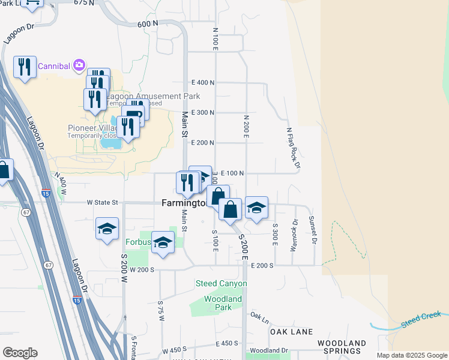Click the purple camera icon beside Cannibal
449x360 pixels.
tap(79, 65)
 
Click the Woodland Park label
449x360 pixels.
tap(223, 303)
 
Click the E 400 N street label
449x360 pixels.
tap(203, 82)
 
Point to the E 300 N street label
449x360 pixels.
tap(203, 112)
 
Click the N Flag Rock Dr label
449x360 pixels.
tap(292, 147)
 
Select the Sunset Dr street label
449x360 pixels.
tap(312, 230)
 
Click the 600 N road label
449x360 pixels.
tap(147, 23)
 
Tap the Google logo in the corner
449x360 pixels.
tap(20, 353)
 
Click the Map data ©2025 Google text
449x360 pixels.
tap(411, 355)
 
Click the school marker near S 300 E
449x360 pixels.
tap(256, 208)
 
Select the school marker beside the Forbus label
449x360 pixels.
tap(162, 242)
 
